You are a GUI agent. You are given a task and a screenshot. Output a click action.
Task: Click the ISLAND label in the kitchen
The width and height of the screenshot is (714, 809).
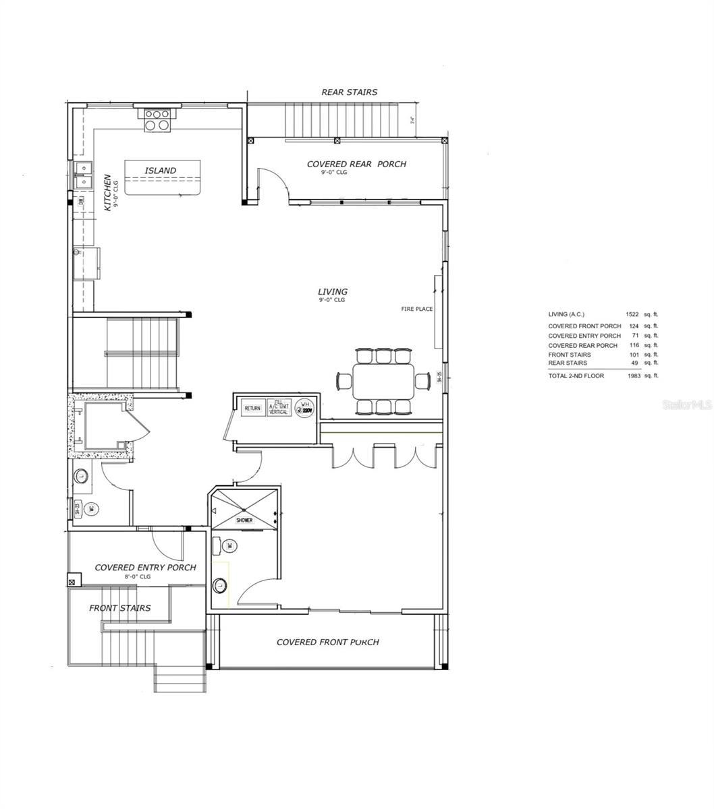point(160,171)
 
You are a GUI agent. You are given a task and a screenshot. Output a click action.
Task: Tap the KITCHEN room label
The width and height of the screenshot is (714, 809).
point(107,193)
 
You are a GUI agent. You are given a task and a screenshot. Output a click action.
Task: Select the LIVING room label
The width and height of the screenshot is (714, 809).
point(333,292)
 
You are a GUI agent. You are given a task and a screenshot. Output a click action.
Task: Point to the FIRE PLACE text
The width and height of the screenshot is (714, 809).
point(416,309)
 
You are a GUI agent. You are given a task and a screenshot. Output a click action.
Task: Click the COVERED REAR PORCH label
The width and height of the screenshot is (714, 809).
point(356,164)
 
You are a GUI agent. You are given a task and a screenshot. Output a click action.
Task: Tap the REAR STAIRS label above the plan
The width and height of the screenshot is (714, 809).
point(349,92)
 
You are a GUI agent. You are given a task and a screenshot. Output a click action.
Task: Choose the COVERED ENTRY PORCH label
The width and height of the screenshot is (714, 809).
point(145,568)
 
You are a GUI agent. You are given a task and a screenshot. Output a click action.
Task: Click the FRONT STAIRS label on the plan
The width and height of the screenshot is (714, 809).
point(120,608)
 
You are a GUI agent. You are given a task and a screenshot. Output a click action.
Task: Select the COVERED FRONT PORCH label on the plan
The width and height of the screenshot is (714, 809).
point(327,642)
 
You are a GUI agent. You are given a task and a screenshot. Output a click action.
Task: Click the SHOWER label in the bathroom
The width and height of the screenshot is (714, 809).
point(244,520)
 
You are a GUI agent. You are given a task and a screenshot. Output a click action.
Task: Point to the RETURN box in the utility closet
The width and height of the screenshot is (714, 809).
point(252,408)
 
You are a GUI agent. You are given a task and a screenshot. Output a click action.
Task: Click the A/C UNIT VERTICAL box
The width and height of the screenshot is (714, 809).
point(279,407)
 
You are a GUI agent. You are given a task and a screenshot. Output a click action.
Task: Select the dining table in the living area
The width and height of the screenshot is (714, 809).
point(383,382)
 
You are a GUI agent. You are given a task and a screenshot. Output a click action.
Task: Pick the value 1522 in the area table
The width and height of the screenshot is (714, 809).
point(632,314)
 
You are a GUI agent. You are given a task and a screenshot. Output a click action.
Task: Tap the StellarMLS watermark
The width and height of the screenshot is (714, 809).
point(687,405)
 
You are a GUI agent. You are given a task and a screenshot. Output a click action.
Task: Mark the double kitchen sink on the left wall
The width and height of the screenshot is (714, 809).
point(83,175)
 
